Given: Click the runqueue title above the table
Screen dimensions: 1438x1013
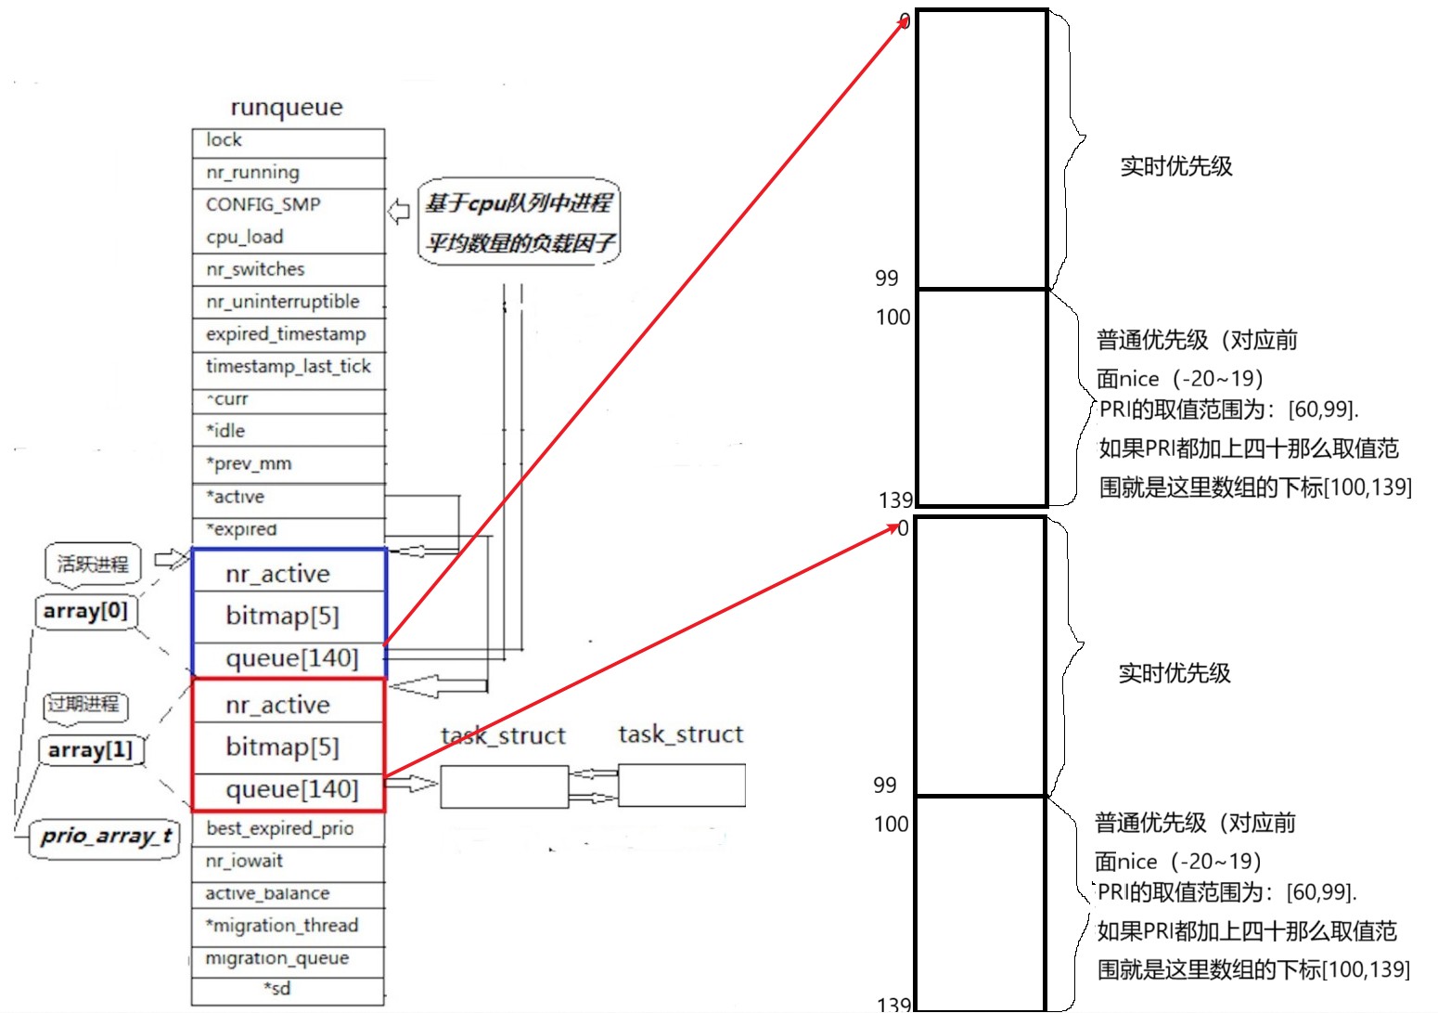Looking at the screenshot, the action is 287,108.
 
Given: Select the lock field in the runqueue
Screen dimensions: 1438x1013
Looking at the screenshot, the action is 288,141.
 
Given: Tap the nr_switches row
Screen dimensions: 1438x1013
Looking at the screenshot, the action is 288,269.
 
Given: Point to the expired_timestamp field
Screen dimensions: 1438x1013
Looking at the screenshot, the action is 288,334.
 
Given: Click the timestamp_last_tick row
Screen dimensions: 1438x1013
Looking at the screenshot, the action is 288,367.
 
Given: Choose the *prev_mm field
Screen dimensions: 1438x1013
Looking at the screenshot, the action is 288,463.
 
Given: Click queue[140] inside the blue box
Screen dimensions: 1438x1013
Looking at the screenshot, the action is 291,658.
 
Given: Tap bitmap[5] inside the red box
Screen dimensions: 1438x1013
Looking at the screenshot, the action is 282,747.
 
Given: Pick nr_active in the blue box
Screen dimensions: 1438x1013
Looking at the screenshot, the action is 277,574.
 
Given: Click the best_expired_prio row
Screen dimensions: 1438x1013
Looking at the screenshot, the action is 288,828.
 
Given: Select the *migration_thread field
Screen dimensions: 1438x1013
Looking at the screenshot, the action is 288,926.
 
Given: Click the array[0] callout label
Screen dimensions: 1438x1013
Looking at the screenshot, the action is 85,612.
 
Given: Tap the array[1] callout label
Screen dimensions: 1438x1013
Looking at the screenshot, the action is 91,750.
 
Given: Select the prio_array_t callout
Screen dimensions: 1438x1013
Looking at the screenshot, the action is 106,837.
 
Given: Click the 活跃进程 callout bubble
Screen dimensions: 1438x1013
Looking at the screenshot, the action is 93,564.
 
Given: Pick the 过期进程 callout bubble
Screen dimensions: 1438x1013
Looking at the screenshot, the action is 84,704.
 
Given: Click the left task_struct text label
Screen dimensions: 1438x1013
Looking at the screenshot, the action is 503,736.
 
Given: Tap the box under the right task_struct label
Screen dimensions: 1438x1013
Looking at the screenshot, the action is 681,786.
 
